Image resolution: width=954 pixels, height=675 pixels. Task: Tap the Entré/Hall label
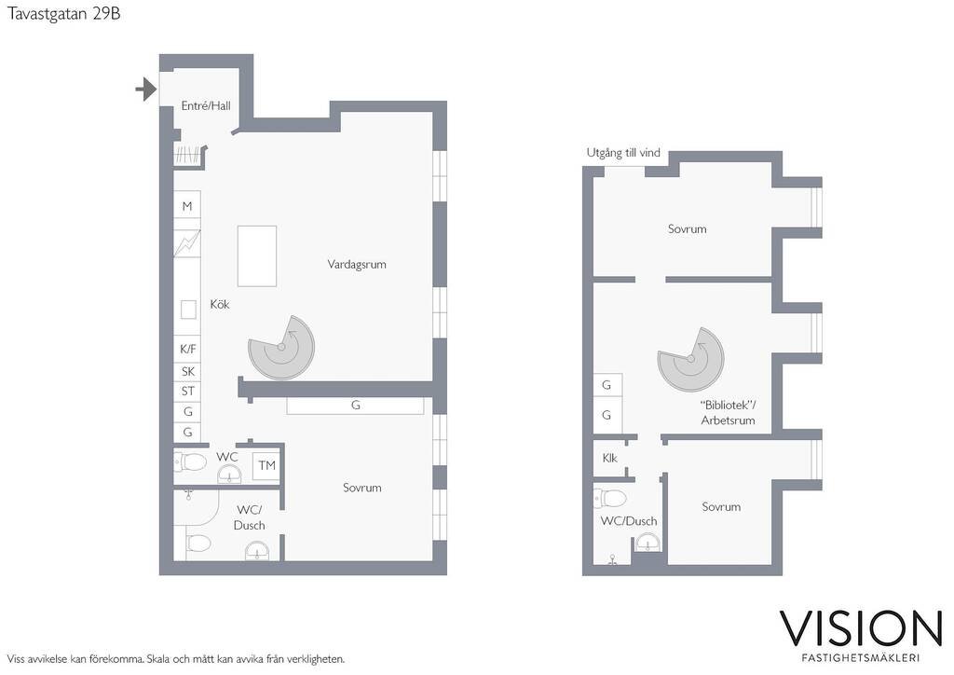(206, 106)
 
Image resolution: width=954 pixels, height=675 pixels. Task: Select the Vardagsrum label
(357, 264)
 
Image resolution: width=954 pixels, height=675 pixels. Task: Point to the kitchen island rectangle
(257, 256)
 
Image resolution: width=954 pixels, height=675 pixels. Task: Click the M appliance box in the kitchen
(187, 206)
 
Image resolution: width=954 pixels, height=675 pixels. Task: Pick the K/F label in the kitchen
(188, 350)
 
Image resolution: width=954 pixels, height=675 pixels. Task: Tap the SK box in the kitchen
(187, 371)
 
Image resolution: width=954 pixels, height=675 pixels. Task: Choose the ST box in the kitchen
(187, 392)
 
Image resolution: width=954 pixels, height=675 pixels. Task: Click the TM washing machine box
(266, 465)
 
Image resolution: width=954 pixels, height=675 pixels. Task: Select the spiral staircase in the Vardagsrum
(281, 348)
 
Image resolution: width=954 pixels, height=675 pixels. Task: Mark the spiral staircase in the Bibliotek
(691, 359)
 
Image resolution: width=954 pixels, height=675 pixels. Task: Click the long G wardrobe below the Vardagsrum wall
(355, 406)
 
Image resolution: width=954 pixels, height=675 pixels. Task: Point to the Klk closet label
(609, 459)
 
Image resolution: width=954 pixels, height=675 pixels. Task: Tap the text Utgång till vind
(623, 153)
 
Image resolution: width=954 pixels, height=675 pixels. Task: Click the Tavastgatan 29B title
(64, 14)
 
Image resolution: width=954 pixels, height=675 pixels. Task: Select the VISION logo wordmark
(861, 628)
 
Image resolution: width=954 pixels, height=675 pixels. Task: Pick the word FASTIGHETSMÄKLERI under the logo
(860, 658)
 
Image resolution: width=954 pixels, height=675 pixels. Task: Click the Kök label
(220, 304)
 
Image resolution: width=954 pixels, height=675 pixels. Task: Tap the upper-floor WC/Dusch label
(629, 521)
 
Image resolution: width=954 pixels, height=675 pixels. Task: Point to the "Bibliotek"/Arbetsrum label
(728, 413)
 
